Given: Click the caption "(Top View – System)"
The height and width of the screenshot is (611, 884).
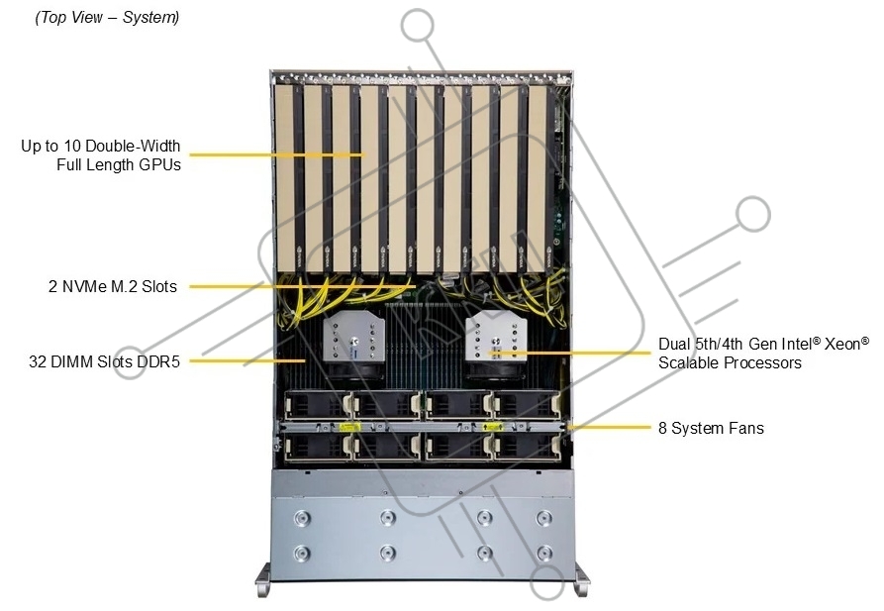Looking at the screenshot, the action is pyautogui.click(x=107, y=18).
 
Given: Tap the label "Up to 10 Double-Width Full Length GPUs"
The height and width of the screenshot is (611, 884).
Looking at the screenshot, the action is pyautogui.click(x=101, y=155).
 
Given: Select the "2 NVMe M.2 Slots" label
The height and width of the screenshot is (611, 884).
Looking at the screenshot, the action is pyautogui.click(x=113, y=286).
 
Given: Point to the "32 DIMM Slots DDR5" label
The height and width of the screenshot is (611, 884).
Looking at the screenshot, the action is pyautogui.click(x=104, y=361).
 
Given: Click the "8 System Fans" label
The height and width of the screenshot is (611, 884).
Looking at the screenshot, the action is pyautogui.click(x=711, y=428).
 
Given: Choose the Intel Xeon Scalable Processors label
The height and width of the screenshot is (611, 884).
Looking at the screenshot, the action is pyautogui.click(x=764, y=354).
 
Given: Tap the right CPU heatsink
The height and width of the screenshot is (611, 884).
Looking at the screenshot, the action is pyautogui.click(x=496, y=339).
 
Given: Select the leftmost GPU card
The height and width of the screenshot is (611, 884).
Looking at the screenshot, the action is pyautogui.click(x=286, y=178).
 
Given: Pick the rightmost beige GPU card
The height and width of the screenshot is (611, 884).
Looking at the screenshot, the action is pyautogui.click(x=538, y=178).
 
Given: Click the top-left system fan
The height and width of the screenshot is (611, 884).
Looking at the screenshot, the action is pyautogui.click(x=318, y=405).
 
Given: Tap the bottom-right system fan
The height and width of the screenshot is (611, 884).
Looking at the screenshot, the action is pyautogui.click(x=527, y=448).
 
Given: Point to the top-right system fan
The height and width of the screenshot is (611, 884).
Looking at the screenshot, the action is pyautogui.click(x=527, y=405).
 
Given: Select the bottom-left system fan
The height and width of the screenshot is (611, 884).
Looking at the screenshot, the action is pyautogui.click(x=318, y=448).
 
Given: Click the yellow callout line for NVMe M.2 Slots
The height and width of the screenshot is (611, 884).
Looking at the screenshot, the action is pyautogui.click(x=303, y=286).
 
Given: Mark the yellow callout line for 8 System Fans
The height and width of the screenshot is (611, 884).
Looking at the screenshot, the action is pyautogui.click(x=610, y=427).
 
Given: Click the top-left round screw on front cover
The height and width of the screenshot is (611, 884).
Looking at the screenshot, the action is pyautogui.click(x=302, y=517).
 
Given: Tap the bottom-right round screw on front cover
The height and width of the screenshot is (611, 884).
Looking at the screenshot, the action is pyautogui.click(x=544, y=553).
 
